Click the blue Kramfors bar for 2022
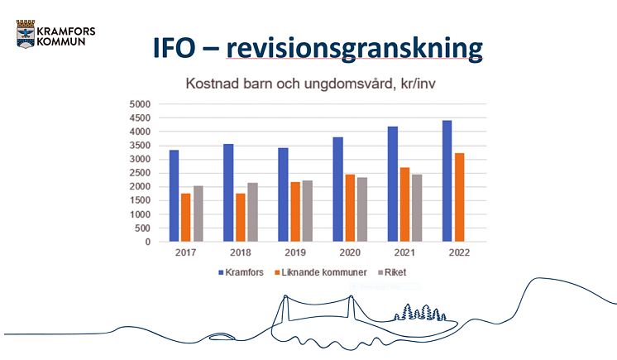point(447,180)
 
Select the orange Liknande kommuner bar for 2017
point(186,218)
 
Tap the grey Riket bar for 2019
point(308,211)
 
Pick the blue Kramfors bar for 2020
point(337,190)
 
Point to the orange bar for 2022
point(460,197)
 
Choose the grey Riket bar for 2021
point(417,208)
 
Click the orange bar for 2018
point(241,218)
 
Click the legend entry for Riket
point(392,272)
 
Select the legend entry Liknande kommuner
point(321,272)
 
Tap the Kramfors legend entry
point(242,272)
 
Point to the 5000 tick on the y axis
point(140,104)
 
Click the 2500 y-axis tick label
point(140,173)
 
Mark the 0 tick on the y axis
point(148,242)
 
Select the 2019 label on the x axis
point(295,252)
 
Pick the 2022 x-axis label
point(459,252)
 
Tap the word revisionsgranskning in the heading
point(355,49)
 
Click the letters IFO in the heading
point(174,48)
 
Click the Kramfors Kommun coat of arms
point(26,34)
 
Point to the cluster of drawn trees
point(420,312)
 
